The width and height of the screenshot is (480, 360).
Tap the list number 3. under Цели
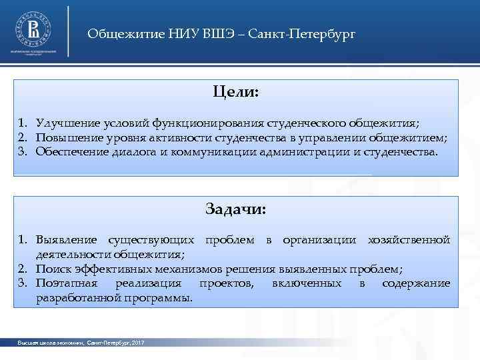(23, 152)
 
